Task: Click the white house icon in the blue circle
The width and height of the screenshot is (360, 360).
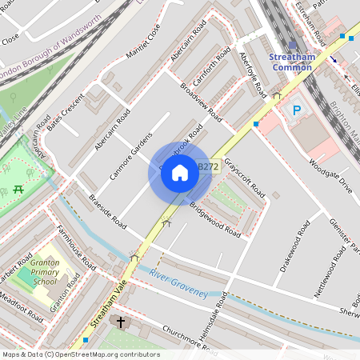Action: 180,173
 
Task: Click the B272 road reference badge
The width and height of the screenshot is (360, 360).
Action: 207,166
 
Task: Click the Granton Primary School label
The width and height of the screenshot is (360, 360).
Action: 44,272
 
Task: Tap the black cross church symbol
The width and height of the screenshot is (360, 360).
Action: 122,322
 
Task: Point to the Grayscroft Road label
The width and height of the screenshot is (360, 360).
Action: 245,178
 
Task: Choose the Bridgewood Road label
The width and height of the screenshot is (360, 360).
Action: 214,220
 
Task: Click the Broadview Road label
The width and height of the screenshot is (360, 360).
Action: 201,100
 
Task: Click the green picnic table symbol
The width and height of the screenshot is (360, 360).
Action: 18,190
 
